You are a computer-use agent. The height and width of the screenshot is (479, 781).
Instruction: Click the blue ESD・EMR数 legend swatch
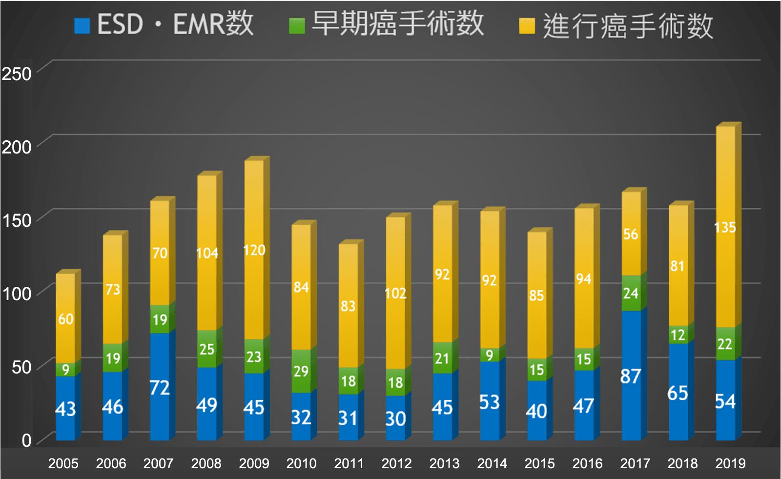(x=82, y=26)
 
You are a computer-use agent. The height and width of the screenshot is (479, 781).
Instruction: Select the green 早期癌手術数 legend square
(x=297, y=26)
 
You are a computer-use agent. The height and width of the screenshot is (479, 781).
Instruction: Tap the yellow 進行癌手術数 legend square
(x=527, y=26)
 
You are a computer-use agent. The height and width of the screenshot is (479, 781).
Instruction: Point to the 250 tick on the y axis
(x=17, y=74)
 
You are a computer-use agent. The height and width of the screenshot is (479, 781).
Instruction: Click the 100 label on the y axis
(x=17, y=294)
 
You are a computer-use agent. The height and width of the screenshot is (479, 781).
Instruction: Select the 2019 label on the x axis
(x=730, y=463)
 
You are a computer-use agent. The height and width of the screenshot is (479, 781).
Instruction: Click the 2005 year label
(x=63, y=463)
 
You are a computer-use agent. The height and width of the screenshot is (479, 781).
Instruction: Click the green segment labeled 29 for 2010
(x=301, y=371)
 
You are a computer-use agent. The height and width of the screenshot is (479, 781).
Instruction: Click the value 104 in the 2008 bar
(x=207, y=253)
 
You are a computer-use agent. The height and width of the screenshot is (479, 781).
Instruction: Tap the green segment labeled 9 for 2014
(x=490, y=355)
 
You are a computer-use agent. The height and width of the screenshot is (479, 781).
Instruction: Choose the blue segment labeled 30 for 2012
(x=395, y=418)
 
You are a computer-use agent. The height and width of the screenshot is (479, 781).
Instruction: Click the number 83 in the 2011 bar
(x=348, y=306)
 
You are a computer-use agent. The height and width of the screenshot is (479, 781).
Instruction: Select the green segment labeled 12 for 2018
(x=678, y=335)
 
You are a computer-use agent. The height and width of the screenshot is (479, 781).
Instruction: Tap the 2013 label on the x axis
(x=444, y=463)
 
